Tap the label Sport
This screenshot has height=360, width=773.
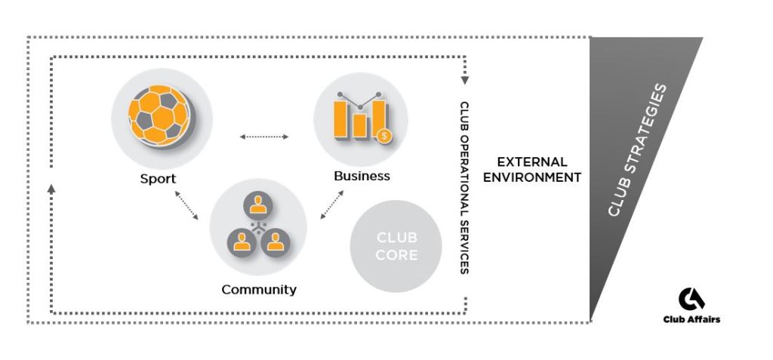click(158, 179)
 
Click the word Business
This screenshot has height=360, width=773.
click(362, 176)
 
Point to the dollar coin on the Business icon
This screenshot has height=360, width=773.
click(385, 137)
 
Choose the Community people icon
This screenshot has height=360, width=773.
click(258, 227)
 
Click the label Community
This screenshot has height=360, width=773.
click(259, 289)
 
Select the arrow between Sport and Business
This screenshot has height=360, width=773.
click(263, 137)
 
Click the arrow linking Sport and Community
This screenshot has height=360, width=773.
click(186, 205)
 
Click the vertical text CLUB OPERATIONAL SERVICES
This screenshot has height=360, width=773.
click(464, 187)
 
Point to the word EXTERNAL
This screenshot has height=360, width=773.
click(531, 162)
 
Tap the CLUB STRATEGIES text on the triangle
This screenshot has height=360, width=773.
click(639, 150)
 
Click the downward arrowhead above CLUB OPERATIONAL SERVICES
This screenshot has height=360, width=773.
click(464, 78)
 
